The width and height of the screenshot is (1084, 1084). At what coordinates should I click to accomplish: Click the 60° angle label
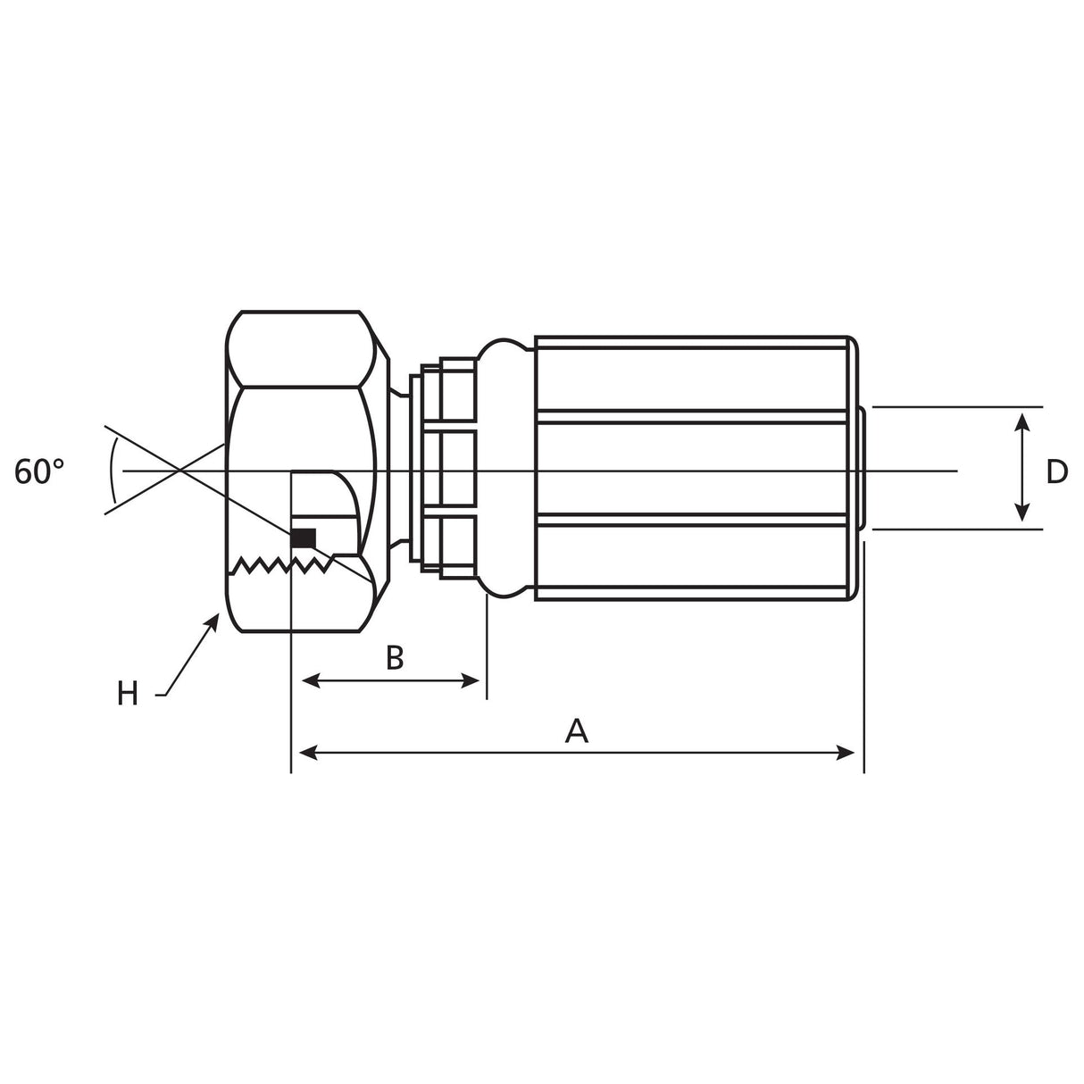[38, 471]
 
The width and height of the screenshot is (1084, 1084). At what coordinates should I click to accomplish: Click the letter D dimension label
[1057, 471]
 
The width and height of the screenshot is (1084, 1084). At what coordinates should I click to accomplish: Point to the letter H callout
[128, 694]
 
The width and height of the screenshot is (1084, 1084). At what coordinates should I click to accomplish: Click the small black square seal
[304, 538]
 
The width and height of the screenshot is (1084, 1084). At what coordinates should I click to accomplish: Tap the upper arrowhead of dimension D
[1022, 421]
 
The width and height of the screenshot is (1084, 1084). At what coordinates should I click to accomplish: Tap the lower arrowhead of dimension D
[1022, 512]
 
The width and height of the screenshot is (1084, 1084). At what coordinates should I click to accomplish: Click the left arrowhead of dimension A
[308, 753]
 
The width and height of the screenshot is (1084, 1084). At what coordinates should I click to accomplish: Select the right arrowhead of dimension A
[846, 753]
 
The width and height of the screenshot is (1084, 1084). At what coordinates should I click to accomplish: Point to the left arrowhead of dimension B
[311, 681]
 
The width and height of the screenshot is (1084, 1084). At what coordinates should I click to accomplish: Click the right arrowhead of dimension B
[470, 681]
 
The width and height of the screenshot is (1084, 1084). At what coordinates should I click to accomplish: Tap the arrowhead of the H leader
[213, 622]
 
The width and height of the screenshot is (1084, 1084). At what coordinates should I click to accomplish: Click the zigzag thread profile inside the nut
[282, 565]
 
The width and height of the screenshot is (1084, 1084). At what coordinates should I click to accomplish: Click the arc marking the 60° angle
[113, 471]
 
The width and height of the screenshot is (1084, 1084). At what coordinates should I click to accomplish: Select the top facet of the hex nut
[301, 349]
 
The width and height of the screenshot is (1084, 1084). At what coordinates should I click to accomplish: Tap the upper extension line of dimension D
[957, 406]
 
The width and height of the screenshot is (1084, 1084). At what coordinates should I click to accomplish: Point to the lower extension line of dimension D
[957, 529]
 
